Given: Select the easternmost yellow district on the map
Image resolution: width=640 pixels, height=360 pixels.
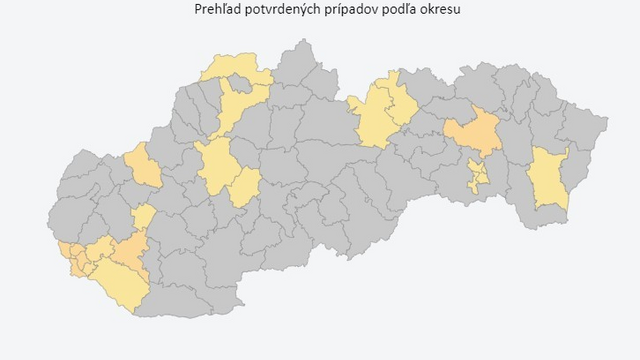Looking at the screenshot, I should coord(548,178).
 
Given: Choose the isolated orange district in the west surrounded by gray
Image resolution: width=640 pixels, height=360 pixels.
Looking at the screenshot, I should coord(143,166).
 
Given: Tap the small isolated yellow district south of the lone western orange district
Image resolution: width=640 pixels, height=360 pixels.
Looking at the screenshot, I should coord(144,216).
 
